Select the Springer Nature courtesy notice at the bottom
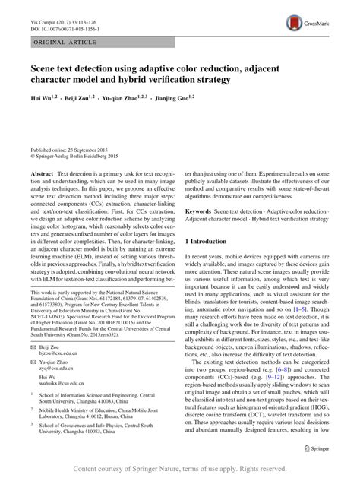click(x=179, y=469)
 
